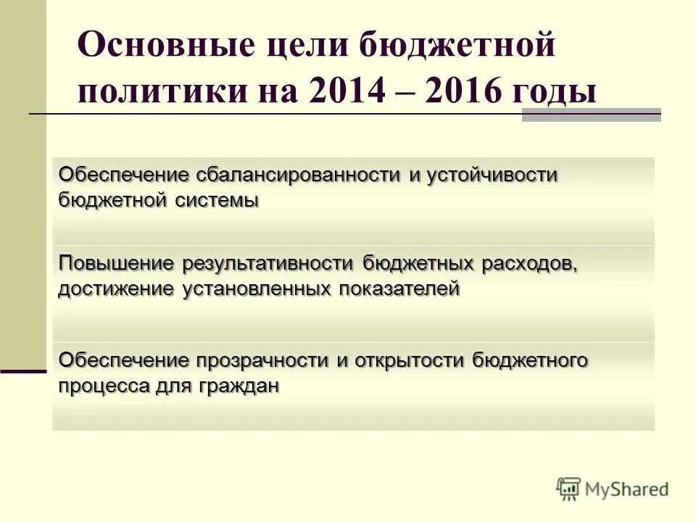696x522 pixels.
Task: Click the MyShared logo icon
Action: [x=569, y=489]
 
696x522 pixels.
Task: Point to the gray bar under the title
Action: [x=591, y=115]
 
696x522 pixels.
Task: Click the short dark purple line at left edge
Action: [x=23, y=371]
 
